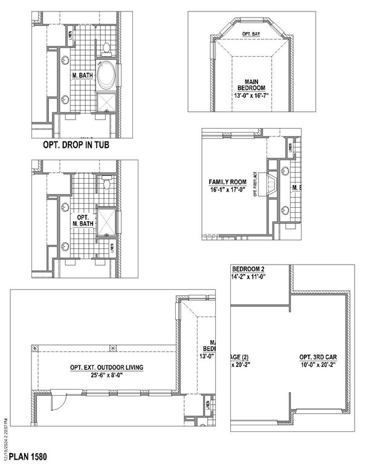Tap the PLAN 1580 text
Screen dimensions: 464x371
[x=28, y=457]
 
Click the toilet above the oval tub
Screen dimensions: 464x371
[x=105, y=47]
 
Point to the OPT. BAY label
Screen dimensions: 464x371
[x=251, y=34]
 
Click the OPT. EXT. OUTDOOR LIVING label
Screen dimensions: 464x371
[x=106, y=367]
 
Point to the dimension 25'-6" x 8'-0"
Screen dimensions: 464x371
[x=106, y=375]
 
